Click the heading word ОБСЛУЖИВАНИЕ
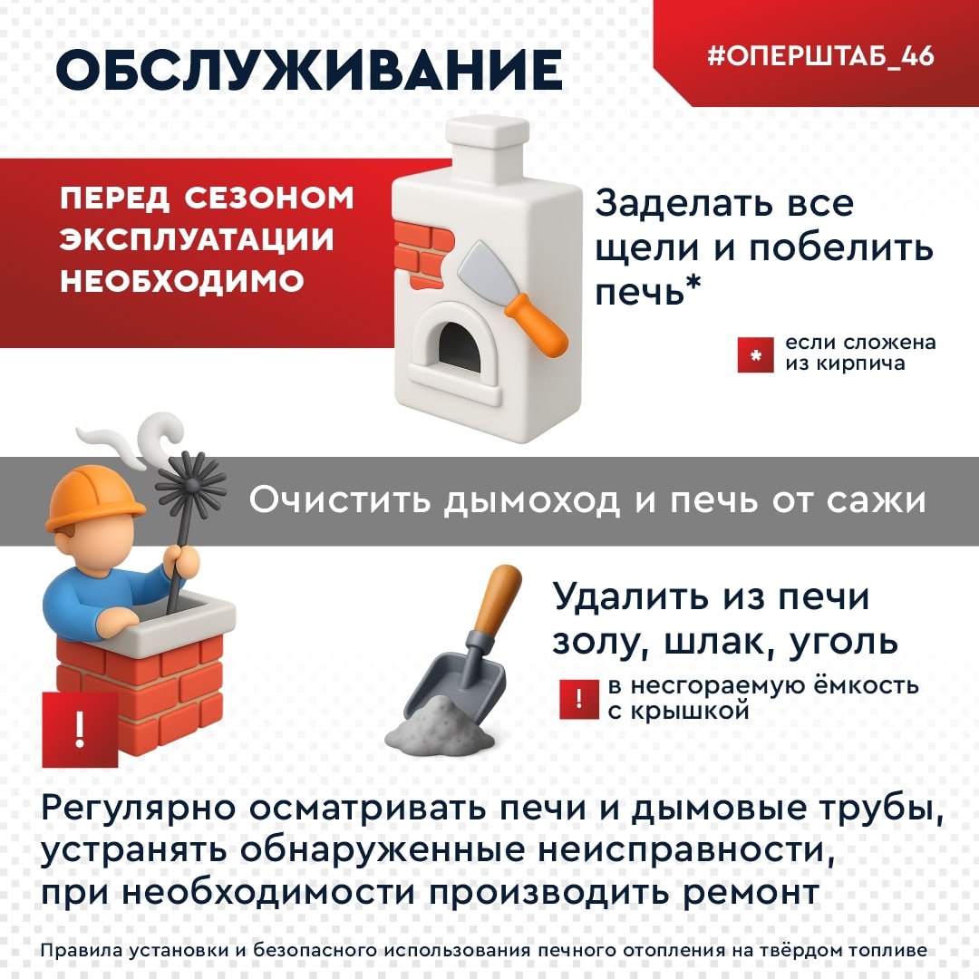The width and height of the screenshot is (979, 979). (308, 70)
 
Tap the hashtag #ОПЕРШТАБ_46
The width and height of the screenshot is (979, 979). (820, 55)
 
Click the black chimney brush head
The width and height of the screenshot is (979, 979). (191, 485)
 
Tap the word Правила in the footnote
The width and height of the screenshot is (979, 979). (73, 951)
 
